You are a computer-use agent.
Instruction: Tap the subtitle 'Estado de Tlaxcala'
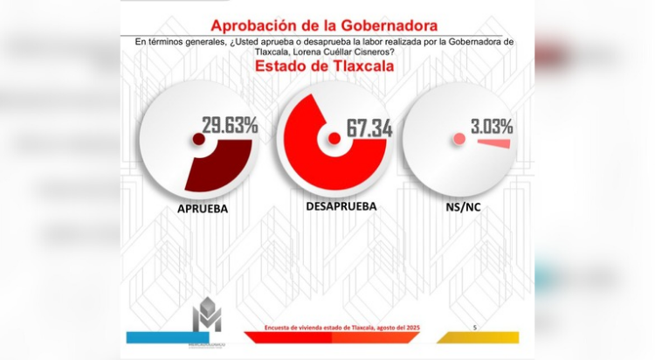[324, 66]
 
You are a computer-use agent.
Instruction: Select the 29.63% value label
[230, 125]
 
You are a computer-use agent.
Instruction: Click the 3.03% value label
[491, 126]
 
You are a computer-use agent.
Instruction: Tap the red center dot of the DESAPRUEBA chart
[334, 138]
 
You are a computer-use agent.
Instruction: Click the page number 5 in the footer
[474, 327]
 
